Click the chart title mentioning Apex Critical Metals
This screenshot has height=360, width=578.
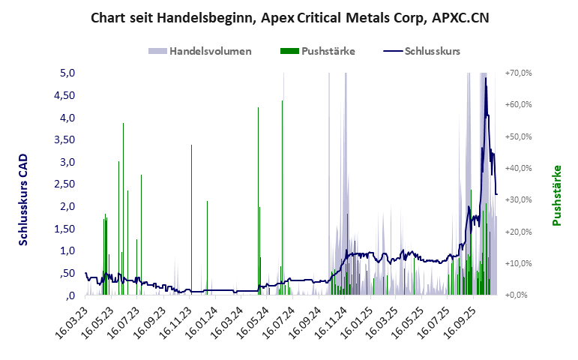tap(289, 17)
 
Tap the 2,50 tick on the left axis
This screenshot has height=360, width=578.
tap(66, 184)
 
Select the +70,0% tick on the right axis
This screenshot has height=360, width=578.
tap(520, 73)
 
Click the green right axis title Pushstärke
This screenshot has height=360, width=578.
tap(556, 195)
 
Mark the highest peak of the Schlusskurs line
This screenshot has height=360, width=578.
tap(486, 78)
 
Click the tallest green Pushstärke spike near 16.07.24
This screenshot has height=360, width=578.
tap(282, 101)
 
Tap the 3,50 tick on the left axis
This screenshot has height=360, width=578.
tap(66, 139)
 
